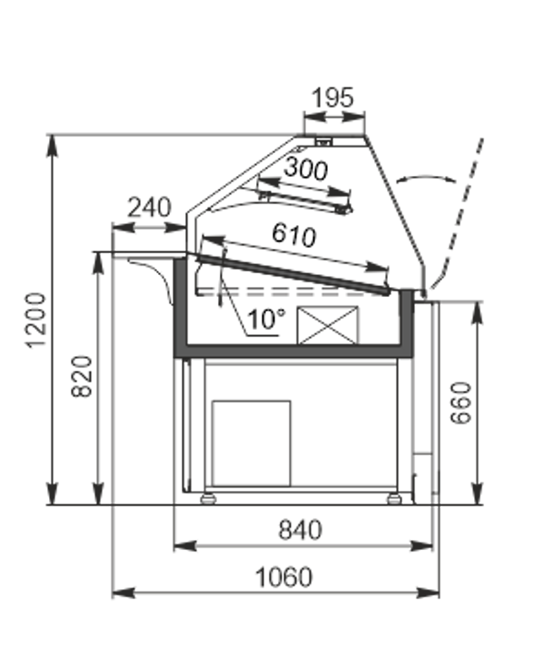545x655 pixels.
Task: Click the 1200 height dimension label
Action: click(35, 320)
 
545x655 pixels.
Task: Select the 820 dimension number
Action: click(82, 377)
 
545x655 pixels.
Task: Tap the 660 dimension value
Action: click(461, 403)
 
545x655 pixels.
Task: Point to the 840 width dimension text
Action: click(300, 530)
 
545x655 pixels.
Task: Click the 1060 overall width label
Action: click(284, 577)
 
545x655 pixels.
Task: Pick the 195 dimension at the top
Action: click(333, 98)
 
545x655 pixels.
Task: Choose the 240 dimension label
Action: click(149, 207)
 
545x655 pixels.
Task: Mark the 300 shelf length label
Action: click(306, 168)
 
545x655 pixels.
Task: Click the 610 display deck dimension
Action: click(294, 234)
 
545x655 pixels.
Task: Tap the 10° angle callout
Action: click(267, 319)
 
